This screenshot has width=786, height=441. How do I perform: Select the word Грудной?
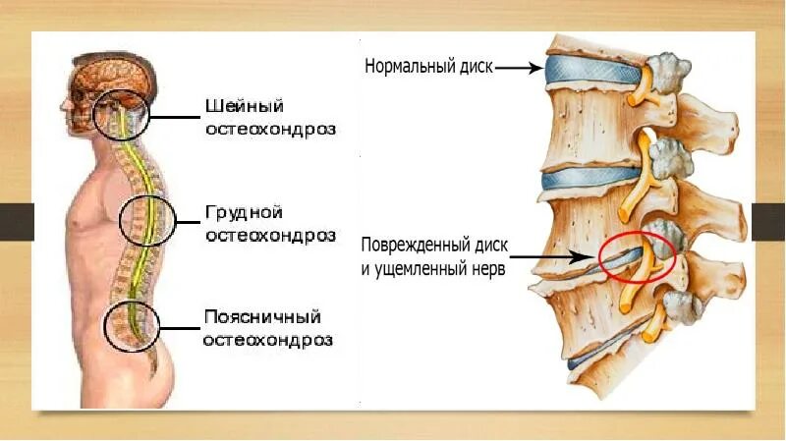(x=244, y=212)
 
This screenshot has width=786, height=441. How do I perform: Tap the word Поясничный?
(x=262, y=317)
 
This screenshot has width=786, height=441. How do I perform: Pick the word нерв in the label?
(x=488, y=266)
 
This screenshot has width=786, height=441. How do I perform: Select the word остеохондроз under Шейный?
(x=269, y=129)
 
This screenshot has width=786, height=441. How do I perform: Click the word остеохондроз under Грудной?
(x=268, y=235)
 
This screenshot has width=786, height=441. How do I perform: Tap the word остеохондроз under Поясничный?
(x=268, y=340)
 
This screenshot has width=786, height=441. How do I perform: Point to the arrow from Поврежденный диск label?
(x=551, y=257)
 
